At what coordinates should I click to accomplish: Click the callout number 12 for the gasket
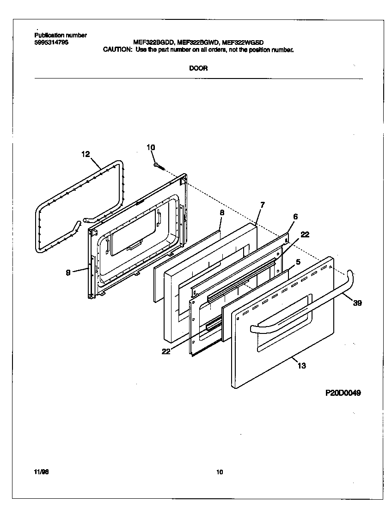pyautogui.click(x=86, y=154)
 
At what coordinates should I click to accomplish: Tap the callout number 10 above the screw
pyautogui.click(x=151, y=147)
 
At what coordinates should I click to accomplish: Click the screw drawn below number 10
pyautogui.click(x=159, y=166)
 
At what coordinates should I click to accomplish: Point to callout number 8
pyautogui.click(x=221, y=212)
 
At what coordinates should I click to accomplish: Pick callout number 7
pyautogui.click(x=262, y=204)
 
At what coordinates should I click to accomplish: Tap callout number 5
pyautogui.click(x=298, y=261)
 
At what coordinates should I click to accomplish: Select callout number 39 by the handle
pyautogui.click(x=357, y=303)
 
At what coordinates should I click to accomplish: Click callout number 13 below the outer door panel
pyautogui.click(x=301, y=366)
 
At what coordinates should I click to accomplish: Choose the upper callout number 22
pyautogui.click(x=305, y=235)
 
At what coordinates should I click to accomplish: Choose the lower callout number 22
pyautogui.click(x=166, y=351)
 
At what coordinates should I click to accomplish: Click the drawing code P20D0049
pyautogui.click(x=343, y=393)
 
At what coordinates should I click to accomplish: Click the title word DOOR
pyautogui.click(x=198, y=68)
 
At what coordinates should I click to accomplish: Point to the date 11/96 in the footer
pyautogui.click(x=41, y=472)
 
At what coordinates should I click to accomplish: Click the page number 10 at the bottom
pyautogui.click(x=220, y=472)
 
